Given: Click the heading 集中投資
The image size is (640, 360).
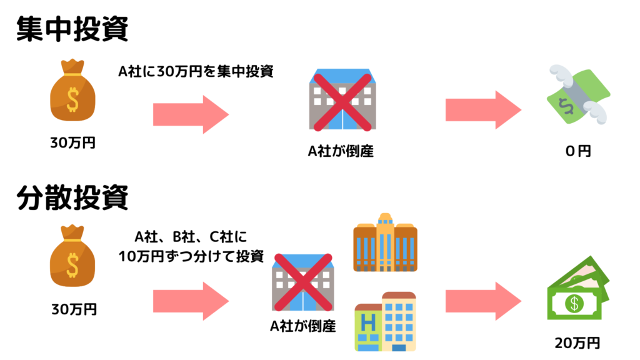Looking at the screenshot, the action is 72,29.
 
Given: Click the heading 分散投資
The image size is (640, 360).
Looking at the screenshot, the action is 72,197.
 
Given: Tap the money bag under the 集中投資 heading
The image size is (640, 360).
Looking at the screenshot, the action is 72,91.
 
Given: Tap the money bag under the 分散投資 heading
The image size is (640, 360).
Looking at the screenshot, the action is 72,256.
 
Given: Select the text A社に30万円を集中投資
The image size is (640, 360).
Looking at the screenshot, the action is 196,71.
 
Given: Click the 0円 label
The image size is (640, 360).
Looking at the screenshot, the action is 578,151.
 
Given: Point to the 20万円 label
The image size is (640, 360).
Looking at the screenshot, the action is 577,343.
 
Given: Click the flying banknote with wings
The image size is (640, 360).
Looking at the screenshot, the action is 578,94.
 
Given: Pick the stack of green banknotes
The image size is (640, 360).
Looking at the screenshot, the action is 578,287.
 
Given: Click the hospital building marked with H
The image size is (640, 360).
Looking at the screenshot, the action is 385,322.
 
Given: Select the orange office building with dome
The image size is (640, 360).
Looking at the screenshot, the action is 385,242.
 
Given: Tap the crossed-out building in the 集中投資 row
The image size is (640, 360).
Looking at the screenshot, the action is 342,99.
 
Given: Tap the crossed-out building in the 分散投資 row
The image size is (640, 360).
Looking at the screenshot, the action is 303,282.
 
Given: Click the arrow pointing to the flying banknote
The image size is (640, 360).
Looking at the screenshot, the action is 483,110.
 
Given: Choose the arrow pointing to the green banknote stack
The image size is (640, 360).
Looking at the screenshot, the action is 483,301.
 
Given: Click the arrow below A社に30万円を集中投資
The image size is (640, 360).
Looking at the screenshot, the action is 191,115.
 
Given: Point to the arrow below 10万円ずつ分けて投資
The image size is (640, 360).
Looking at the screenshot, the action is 191,301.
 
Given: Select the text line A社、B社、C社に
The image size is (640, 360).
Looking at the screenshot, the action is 191,237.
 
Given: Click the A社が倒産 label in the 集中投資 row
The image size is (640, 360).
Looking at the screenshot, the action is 341,151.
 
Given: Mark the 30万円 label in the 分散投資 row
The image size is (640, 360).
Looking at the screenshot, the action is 74,309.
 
